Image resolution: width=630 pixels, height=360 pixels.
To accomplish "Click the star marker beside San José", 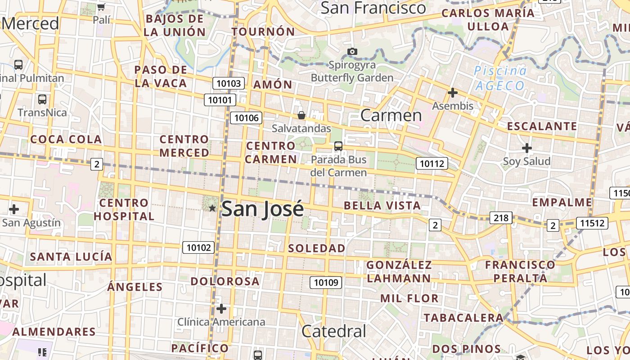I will (x=212, y=208).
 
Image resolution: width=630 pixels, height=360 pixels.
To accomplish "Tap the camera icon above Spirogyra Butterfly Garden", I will (x=352, y=51).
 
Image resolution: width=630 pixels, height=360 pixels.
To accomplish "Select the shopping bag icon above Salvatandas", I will (x=301, y=116).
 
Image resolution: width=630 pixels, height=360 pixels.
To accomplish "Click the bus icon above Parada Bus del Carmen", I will (x=338, y=146).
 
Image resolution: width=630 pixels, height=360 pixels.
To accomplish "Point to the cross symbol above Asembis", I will (x=453, y=93).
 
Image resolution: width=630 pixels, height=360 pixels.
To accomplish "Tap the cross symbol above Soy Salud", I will (x=526, y=148).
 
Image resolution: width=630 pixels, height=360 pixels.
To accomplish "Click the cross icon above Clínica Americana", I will (x=221, y=309).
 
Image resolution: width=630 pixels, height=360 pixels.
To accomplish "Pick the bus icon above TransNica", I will (x=42, y=99).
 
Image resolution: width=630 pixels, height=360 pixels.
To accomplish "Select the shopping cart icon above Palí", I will (x=101, y=7).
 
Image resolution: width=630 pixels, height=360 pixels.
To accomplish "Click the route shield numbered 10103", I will (x=229, y=83).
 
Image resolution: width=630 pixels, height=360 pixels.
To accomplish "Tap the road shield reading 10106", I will (x=247, y=118).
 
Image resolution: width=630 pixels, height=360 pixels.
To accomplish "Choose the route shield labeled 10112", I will (x=432, y=163).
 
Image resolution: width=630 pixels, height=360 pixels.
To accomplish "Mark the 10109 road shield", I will (x=326, y=283).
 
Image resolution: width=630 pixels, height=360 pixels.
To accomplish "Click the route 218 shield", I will (x=500, y=218).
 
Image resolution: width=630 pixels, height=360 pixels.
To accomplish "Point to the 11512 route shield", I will (x=593, y=223).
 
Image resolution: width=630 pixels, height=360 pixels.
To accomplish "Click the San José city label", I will (x=262, y=209).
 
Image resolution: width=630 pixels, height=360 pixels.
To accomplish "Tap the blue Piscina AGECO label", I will (x=499, y=78).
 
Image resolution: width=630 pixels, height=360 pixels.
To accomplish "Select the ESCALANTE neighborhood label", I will (x=542, y=126).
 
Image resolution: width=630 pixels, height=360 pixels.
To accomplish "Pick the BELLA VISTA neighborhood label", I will (x=382, y=206).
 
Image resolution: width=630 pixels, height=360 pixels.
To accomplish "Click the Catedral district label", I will (x=334, y=332).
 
